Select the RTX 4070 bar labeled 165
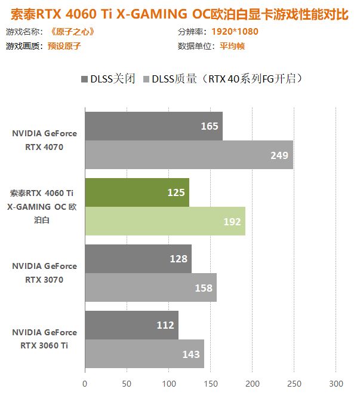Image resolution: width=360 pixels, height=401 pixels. (153, 126)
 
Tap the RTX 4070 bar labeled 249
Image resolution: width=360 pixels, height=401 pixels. (189, 155)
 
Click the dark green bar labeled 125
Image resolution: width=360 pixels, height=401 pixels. (137, 192)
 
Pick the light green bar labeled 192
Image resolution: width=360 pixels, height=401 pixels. (165, 221)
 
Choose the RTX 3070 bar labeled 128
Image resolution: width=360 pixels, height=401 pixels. (138, 259)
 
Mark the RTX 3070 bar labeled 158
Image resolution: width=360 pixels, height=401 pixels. (150, 287)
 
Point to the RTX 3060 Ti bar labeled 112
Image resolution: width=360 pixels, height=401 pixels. (131, 325)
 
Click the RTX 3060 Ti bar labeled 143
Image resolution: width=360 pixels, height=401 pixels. (144, 354)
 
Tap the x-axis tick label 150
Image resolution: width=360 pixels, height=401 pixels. (211, 384)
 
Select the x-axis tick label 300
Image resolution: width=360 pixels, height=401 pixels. (336, 384)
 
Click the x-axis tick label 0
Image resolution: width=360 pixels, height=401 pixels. (85, 384)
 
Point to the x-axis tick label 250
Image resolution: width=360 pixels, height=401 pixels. (294, 384)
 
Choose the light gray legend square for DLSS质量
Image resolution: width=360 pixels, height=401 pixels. (146, 79)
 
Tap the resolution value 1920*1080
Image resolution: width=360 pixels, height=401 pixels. (235, 32)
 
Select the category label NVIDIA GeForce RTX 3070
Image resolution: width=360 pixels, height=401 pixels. (44, 273)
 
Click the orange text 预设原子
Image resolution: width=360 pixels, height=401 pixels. (64, 46)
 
